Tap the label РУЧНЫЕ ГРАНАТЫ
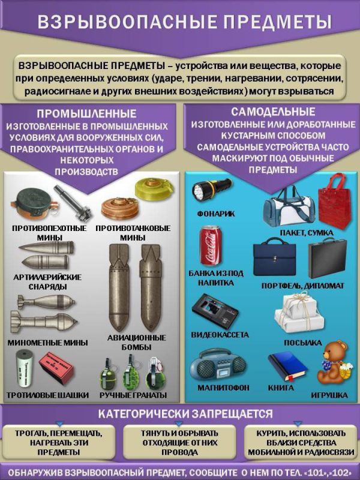click(x=133, y=395)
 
